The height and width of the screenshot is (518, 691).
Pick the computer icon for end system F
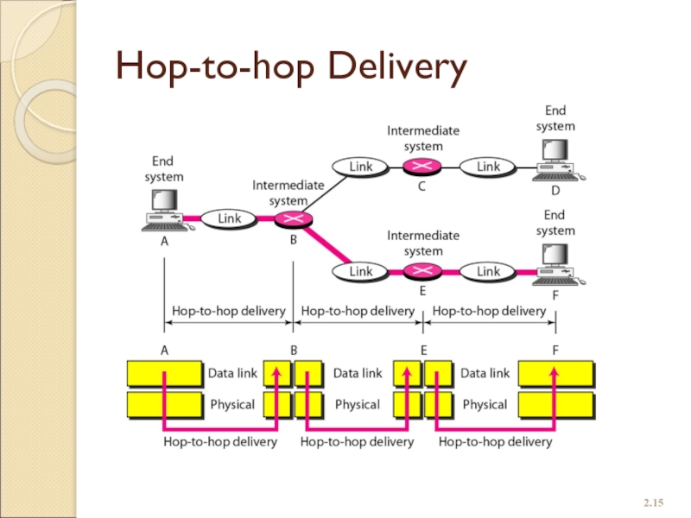click(x=555, y=266)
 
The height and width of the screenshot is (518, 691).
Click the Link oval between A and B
click(x=230, y=218)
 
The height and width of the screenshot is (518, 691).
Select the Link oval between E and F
click(x=488, y=271)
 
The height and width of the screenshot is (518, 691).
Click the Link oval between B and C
click(x=360, y=165)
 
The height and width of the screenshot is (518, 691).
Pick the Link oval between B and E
click(x=360, y=271)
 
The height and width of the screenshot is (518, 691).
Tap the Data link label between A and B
click(x=232, y=374)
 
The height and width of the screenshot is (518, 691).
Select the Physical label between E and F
click(x=485, y=404)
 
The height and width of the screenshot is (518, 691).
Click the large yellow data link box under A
click(x=164, y=374)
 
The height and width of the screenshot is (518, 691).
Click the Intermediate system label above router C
click(x=423, y=137)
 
